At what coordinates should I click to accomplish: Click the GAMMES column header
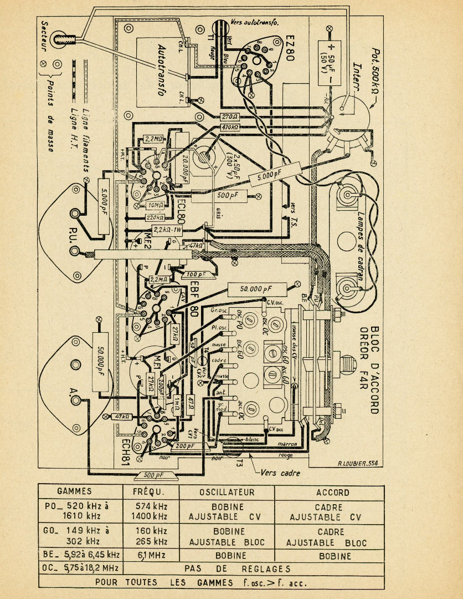[74, 492]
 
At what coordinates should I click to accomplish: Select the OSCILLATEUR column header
[227, 492]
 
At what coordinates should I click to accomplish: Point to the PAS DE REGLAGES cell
[254, 568]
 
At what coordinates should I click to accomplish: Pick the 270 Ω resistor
[229, 117]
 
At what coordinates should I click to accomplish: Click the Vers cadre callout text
[279, 473]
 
